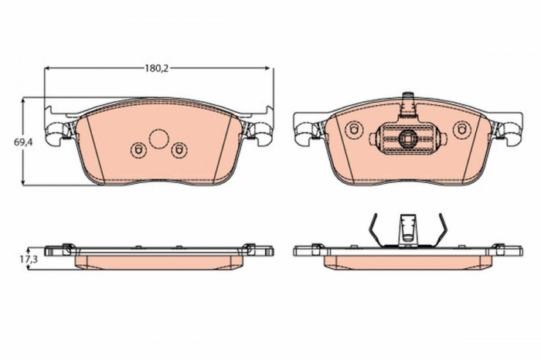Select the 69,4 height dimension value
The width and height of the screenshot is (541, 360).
21,142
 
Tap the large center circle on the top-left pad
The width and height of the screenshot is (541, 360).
158,139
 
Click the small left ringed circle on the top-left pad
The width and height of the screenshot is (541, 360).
138,150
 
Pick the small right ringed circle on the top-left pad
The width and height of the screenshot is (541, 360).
179,150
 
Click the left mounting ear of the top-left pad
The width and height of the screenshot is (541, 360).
59,134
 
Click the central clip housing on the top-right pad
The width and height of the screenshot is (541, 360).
407,139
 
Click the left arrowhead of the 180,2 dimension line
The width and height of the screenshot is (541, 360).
48,68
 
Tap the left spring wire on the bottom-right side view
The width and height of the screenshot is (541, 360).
374,230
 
